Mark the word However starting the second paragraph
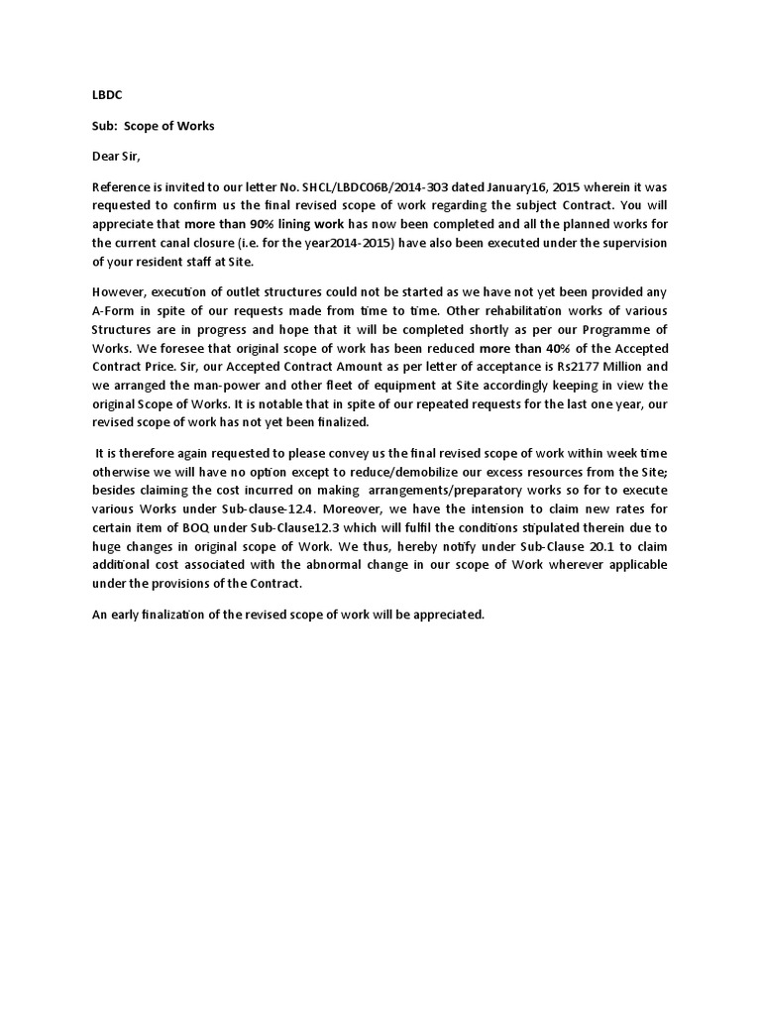pyautogui.click(x=119, y=291)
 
